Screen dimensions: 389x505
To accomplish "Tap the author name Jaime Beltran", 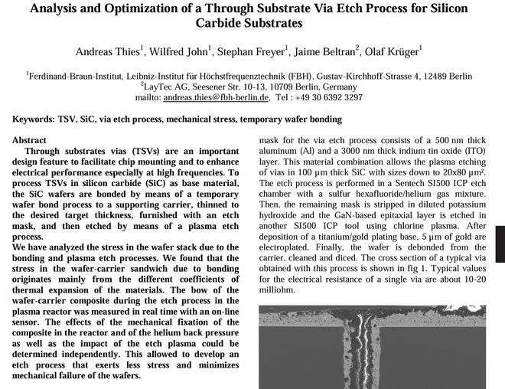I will point(323,52).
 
